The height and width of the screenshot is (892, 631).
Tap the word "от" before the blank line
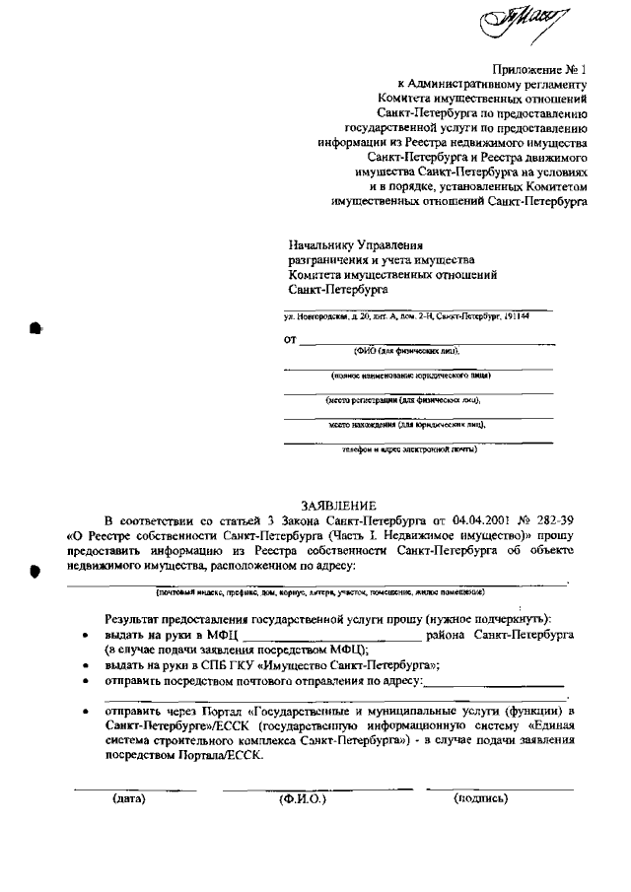pyautogui.click(x=290, y=341)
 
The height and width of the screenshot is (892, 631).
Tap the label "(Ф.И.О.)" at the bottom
pyautogui.click(x=303, y=799)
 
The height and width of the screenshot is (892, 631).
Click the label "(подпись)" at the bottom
pyautogui.click(x=480, y=798)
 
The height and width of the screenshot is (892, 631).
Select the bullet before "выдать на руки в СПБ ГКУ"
pyautogui.click(x=86, y=665)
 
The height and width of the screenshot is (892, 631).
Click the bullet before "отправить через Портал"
pyautogui.click(x=86, y=711)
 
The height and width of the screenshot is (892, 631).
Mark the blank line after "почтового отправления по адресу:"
pyautogui.click(x=495, y=682)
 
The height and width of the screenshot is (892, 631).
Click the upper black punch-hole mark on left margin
pyautogui.click(x=35, y=328)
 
